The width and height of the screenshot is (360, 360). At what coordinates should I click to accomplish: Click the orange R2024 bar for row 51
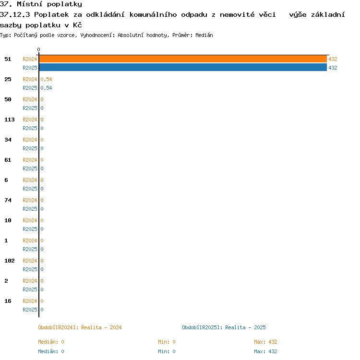pos(183,59)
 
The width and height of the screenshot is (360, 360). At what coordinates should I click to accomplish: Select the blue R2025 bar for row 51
pos(183,68)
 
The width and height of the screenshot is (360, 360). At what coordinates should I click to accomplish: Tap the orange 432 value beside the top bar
pos(333,59)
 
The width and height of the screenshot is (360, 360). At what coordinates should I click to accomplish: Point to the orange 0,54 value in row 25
pos(46,79)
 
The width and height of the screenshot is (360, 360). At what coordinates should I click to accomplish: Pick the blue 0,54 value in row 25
pos(46,88)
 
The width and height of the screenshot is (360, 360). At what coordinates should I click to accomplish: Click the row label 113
pos(10,120)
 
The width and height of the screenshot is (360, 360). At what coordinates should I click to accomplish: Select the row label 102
pos(10,261)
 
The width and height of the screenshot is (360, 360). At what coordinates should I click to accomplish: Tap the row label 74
pos(8,200)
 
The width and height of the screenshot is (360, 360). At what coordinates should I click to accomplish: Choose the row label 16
pos(8,301)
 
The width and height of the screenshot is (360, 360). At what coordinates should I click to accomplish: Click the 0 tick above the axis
pos(38,49)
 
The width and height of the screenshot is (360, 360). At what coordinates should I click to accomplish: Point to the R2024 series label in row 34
pos(30,140)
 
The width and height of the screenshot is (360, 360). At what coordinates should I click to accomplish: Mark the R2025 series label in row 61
pos(30,168)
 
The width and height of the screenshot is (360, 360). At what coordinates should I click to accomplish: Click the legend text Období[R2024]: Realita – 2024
pos(80,327)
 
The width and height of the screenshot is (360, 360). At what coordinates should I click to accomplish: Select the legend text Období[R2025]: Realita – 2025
pos(224,327)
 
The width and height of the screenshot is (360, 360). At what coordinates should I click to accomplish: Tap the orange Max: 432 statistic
pos(265,342)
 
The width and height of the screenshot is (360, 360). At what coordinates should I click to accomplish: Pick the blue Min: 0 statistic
pos(167,351)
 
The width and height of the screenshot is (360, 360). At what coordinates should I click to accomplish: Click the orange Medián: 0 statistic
pos(51,342)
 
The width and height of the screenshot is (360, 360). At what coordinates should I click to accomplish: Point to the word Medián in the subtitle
pos(204,35)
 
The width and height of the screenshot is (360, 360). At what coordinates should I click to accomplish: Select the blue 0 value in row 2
pos(42,289)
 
